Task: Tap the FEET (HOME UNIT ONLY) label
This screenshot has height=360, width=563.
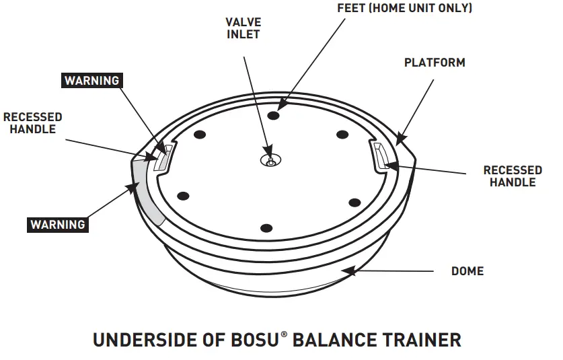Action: (404, 9)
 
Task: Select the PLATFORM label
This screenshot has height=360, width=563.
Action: (435, 63)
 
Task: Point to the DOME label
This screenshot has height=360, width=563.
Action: (467, 271)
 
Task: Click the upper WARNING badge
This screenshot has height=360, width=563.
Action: (91, 81)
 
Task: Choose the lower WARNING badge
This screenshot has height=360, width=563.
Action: (58, 224)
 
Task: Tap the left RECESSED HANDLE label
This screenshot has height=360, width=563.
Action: (32, 123)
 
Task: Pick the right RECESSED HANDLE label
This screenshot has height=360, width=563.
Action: (513, 176)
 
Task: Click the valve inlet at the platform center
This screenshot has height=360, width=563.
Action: (270, 160)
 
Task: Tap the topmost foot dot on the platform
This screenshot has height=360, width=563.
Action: (272, 116)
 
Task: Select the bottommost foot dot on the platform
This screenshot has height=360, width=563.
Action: (266, 227)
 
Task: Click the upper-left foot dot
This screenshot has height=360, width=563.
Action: (200, 135)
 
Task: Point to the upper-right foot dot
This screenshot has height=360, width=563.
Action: (342, 134)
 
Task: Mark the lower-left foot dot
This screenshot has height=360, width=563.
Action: (182, 196)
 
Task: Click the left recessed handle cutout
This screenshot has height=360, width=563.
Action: (163, 157)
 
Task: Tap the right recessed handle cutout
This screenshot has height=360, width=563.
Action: (381, 155)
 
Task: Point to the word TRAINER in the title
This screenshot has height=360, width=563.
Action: (416, 340)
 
